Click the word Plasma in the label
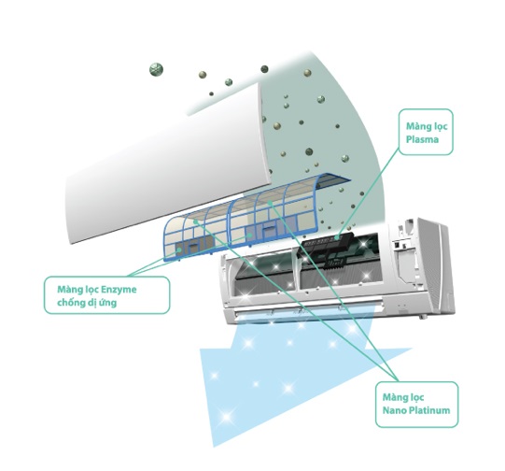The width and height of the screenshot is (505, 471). (422, 140)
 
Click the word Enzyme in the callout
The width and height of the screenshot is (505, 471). (119, 290)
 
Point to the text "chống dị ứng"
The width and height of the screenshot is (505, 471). (87, 303)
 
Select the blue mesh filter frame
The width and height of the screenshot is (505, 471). (255, 216)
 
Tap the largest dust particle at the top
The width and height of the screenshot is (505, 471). (156, 70)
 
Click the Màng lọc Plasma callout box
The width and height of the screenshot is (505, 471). (426, 132)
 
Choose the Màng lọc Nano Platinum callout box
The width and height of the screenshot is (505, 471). (416, 405)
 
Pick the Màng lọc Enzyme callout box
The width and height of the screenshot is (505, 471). (106, 295)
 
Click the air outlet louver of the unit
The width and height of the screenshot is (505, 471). (307, 307)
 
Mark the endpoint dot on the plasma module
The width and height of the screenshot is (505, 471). (337, 237)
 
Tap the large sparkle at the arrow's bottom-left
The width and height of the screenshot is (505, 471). (227, 417)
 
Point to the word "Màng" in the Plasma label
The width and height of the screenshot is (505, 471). (416, 126)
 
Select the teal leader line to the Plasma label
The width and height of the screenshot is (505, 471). (368, 193)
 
